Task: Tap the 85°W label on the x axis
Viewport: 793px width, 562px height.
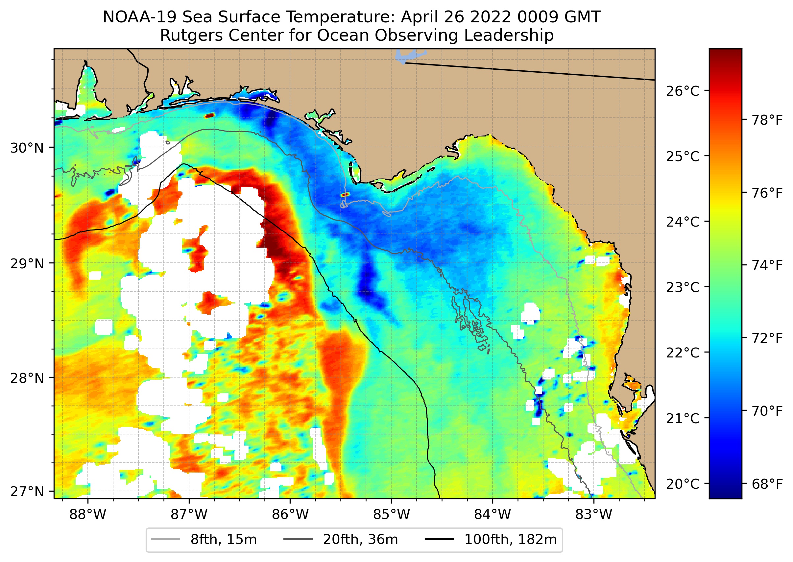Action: [391, 514]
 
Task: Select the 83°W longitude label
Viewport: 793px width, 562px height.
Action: [594, 514]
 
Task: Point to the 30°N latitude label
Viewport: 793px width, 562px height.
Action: [27, 148]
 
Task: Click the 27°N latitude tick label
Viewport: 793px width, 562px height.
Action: [27, 491]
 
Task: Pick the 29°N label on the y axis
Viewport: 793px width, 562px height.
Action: [27, 264]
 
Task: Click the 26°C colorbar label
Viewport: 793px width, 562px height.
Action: [683, 91]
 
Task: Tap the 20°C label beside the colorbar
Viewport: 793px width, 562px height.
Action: [683, 484]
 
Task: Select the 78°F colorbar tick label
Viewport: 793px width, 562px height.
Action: [767, 120]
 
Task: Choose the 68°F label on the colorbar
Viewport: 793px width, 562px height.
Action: [767, 484]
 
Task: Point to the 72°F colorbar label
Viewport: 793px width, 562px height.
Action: [767, 338]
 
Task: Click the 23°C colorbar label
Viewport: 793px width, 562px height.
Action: [683, 287]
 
